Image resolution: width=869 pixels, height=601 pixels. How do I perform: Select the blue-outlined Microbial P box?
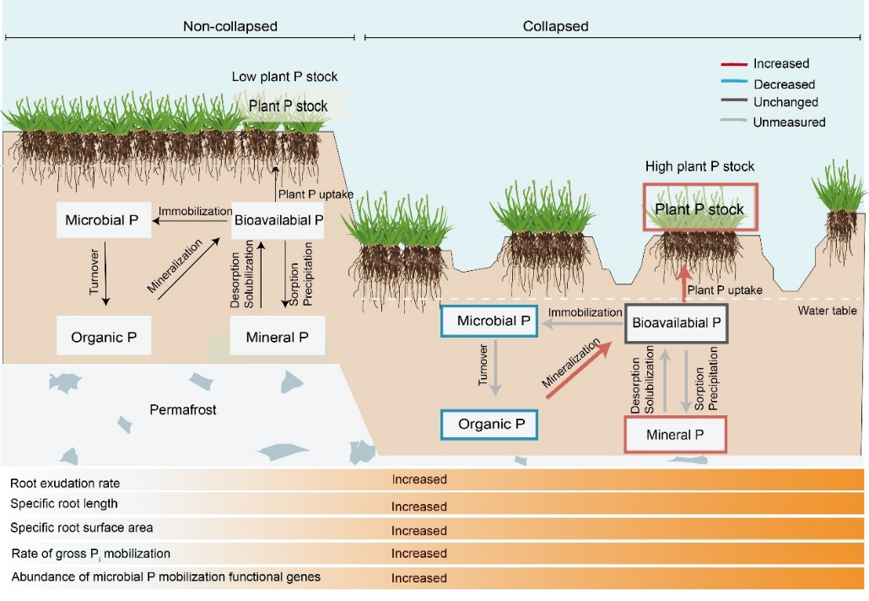489,322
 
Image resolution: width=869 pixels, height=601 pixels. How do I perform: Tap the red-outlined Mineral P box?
675,436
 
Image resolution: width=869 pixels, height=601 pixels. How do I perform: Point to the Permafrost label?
183,410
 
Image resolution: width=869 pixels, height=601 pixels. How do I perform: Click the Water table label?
828,311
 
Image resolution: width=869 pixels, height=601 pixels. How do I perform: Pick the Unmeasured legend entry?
789,122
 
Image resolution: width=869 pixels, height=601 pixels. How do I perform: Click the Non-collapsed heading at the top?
230,26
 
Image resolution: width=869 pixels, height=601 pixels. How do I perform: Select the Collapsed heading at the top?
555,26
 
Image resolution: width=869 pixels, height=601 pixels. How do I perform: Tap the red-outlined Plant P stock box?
700,208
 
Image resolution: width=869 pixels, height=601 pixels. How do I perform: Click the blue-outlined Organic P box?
489,424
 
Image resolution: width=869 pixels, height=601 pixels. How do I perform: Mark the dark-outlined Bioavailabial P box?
676,322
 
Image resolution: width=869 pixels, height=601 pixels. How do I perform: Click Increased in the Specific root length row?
419,506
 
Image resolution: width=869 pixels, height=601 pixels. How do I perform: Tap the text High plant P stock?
699,166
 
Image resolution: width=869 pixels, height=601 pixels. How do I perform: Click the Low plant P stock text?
284,77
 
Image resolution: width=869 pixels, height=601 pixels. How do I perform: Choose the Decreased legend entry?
784,84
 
